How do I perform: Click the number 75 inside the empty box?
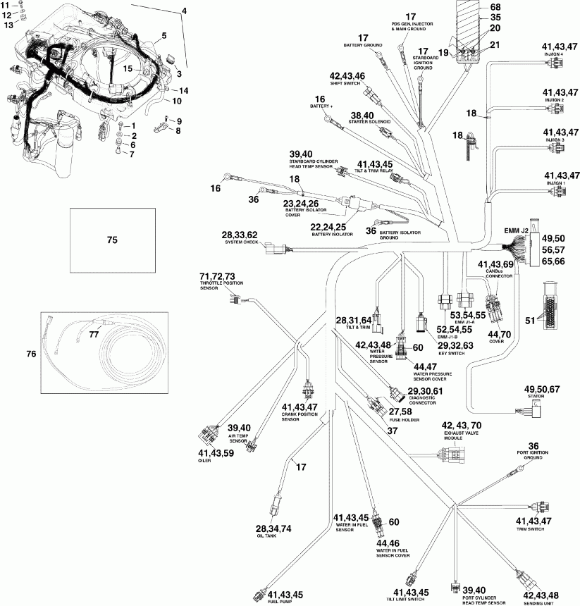(x=111, y=240)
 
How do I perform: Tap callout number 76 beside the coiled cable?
(x=49, y=354)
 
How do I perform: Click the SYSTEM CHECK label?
(x=238, y=243)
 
